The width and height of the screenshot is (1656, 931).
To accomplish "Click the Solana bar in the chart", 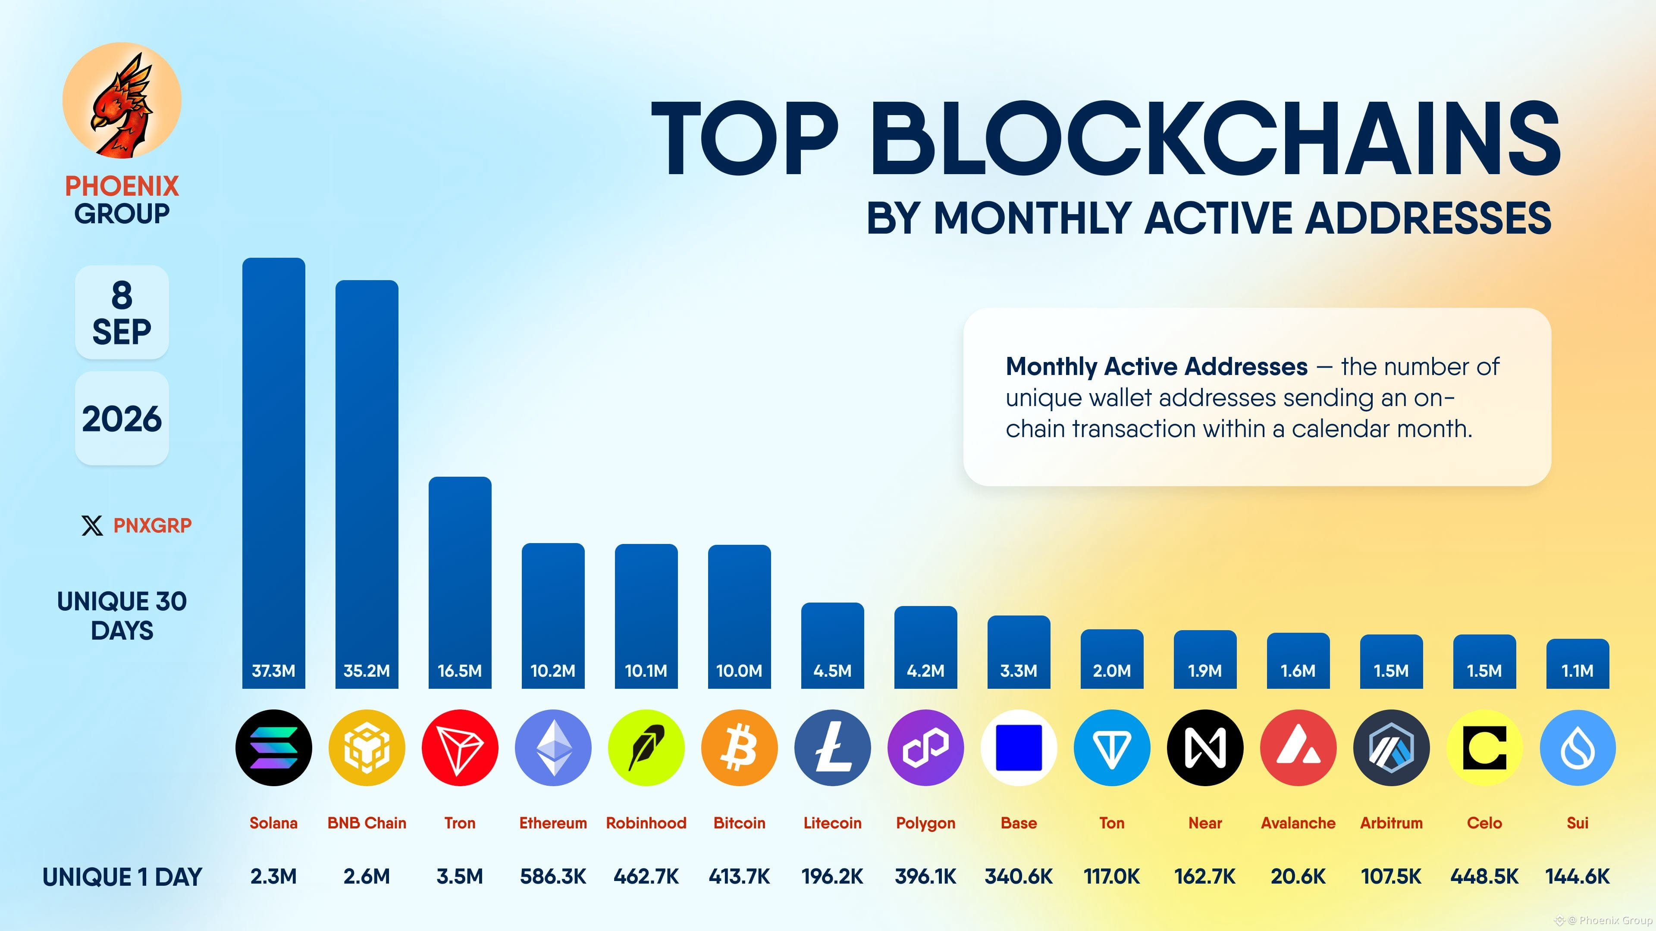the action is [273, 473].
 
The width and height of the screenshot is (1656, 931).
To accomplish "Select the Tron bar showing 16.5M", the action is [460, 582].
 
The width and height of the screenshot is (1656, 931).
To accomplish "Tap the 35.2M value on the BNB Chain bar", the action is [367, 671].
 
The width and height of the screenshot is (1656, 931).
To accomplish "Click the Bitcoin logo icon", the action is [739, 748].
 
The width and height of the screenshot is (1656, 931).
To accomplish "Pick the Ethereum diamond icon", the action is [553, 748].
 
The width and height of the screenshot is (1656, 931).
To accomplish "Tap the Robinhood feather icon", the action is [646, 748].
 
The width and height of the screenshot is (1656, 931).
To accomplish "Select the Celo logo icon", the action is [1484, 748].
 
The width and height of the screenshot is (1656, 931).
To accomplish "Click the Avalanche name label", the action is [1298, 823].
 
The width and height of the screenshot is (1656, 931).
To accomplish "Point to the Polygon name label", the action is [926, 824].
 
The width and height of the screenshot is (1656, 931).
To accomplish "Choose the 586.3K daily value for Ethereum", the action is [553, 876].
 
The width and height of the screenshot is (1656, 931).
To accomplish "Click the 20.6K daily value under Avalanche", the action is [1298, 876].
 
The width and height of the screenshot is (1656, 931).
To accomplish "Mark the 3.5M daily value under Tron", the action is [460, 876].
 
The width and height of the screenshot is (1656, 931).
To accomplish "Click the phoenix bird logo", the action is [122, 102].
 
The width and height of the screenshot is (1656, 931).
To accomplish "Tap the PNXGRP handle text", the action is [152, 525].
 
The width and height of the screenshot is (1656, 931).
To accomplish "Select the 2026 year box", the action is [122, 418].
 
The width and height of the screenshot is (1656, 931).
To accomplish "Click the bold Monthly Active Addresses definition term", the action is [1157, 367].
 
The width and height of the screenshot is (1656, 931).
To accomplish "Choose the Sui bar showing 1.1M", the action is [1578, 664].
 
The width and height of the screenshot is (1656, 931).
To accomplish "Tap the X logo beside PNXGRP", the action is [92, 525].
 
